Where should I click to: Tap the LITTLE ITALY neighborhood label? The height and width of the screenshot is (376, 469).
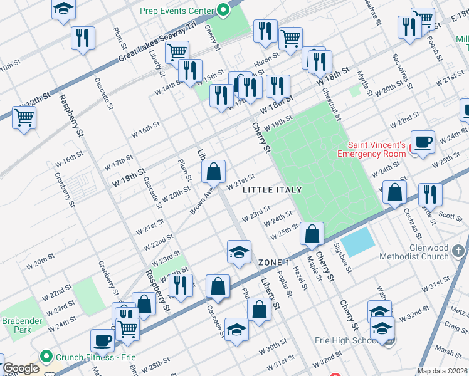pos(272,190)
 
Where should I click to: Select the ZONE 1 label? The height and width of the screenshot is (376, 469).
pos(273,262)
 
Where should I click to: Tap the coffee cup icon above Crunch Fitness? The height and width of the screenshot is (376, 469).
pos(103,340)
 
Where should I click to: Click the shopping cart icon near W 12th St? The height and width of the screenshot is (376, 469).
pos(24,117)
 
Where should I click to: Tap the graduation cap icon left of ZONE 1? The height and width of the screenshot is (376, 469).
pos(238,252)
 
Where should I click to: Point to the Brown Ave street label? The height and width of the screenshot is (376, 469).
pos(202,200)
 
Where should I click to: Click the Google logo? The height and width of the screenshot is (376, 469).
pos(21,369)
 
